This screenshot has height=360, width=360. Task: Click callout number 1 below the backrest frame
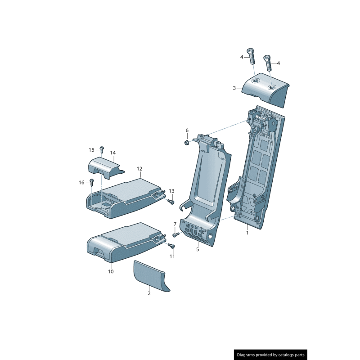[x=247, y=233]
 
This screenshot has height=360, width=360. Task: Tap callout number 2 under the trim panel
[x=149, y=293]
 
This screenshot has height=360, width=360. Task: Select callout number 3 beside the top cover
[x=234, y=88]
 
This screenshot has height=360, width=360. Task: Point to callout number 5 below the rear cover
[x=197, y=249]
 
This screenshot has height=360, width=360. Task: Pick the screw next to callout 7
[x=176, y=234]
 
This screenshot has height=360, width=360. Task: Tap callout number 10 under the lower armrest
[x=111, y=271]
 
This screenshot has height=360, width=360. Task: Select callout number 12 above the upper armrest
[x=139, y=169]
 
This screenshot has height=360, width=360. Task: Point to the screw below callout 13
[x=171, y=202]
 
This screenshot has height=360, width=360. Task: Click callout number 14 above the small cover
[x=113, y=153]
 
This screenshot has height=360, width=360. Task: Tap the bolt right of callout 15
[x=102, y=149]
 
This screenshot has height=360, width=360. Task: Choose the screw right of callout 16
[x=92, y=182]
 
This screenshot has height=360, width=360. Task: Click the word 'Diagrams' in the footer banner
[x=247, y=355]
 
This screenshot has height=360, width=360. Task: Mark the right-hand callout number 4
[x=278, y=63]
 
